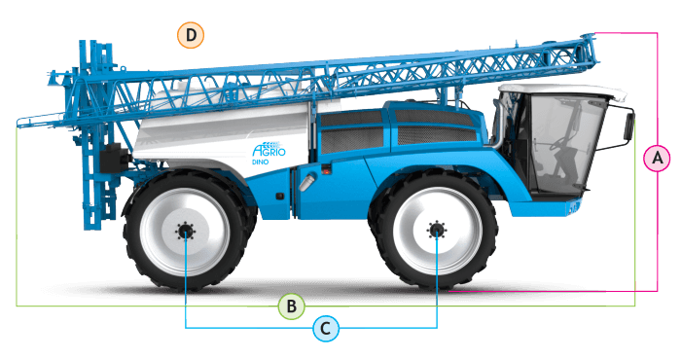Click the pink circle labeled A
pyautogui.click(x=657, y=158)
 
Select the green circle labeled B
pyautogui.click(x=292, y=306)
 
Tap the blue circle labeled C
pyautogui.click(x=326, y=328)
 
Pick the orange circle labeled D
pyautogui.click(x=191, y=35)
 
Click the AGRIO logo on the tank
pyautogui.click(x=269, y=149)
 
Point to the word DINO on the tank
pyautogui.click(x=261, y=162)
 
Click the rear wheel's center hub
pyautogui.click(x=186, y=232)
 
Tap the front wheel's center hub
pyautogui.click(x=436, y=230)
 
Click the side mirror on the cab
pyautogui.click(x=628, y=126)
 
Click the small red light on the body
pyautogui.click(x=325, y=171)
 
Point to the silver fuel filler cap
pyautogui.click(x=305, y=182)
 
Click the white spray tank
pyautogui.click(x=222, y=130)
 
